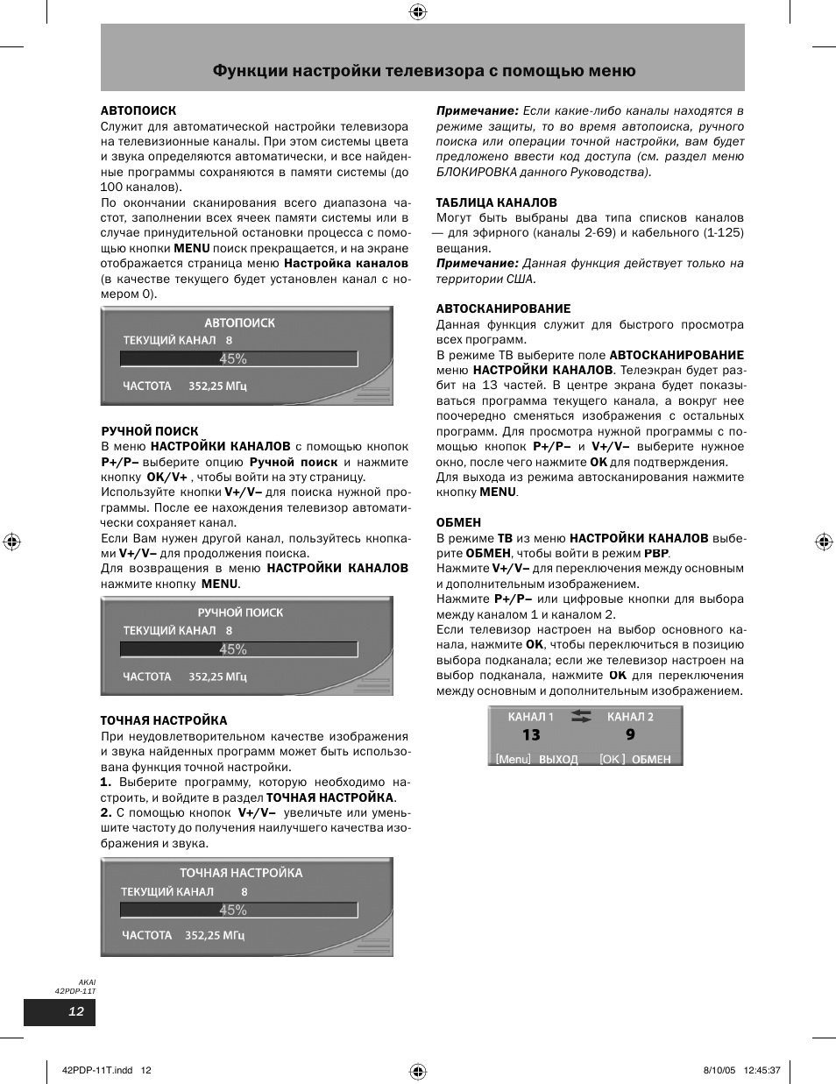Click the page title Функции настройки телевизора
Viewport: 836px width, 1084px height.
[423, 71]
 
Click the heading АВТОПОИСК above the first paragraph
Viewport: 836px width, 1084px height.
[138, 111]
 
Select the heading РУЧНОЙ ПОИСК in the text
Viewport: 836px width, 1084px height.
[149, 431]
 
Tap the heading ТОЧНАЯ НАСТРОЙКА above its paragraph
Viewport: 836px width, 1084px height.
[163, 720]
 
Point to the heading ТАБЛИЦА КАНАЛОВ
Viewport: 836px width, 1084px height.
[496, 202]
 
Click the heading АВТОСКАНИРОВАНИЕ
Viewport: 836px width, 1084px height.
[503, 308]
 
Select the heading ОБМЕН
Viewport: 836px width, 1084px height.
[458, 522]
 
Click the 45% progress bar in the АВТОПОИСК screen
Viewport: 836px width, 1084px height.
[238, 358]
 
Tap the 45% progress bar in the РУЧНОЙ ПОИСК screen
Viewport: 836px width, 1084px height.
[238, 649]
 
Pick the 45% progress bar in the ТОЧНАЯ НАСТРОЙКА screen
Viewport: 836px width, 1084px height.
[238, 910]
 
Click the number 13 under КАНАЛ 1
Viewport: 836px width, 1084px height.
[531, 735]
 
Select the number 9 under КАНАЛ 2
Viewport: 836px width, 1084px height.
[630, 735]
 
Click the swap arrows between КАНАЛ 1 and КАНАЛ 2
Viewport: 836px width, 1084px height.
[581, 717]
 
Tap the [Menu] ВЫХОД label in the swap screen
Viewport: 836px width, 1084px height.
[536, 759]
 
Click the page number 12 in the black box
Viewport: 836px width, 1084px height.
[76, 1011]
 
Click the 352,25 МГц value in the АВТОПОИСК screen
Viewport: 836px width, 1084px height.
[217, 386]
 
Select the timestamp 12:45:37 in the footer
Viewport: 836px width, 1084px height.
[761, 1070]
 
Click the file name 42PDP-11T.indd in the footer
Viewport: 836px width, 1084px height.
[99, 1070]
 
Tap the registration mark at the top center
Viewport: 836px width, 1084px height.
[418, 11]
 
